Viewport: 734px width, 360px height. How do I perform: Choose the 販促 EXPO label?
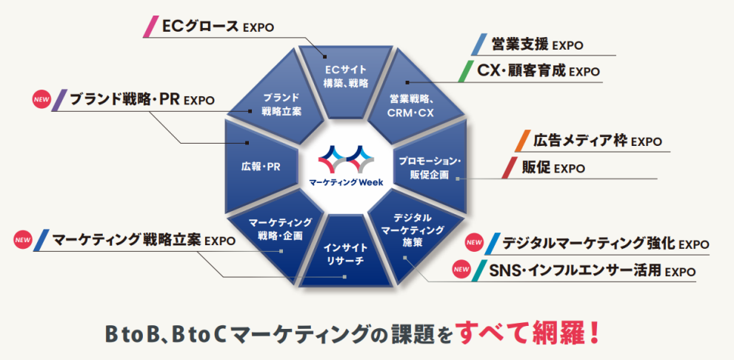553,167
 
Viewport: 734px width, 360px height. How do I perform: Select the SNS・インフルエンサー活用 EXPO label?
592,270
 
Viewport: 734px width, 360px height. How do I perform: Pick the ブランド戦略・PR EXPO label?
141,99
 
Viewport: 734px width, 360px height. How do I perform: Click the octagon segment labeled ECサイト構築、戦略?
346,76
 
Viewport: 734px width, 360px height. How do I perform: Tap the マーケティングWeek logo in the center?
346,167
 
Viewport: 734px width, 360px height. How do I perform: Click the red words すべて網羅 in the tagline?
518,333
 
